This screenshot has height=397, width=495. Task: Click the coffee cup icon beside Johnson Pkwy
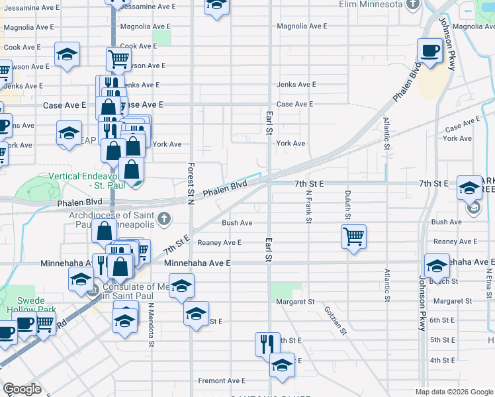tap(430, 50)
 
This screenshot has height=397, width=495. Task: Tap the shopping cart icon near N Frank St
tap(354, 236)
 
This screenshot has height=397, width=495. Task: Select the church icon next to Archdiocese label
tap(165, 218)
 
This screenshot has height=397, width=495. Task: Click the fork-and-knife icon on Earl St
tap(267, 343)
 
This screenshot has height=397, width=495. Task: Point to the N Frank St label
tap(308, 207)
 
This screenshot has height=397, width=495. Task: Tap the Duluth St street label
tap(347, 205)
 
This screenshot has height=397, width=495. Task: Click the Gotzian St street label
tap(336, 321)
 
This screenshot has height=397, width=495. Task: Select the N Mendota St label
tap(152, 325)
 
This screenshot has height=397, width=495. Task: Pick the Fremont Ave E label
tap(222, 381)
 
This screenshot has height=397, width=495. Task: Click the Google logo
tap(22, 389)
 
